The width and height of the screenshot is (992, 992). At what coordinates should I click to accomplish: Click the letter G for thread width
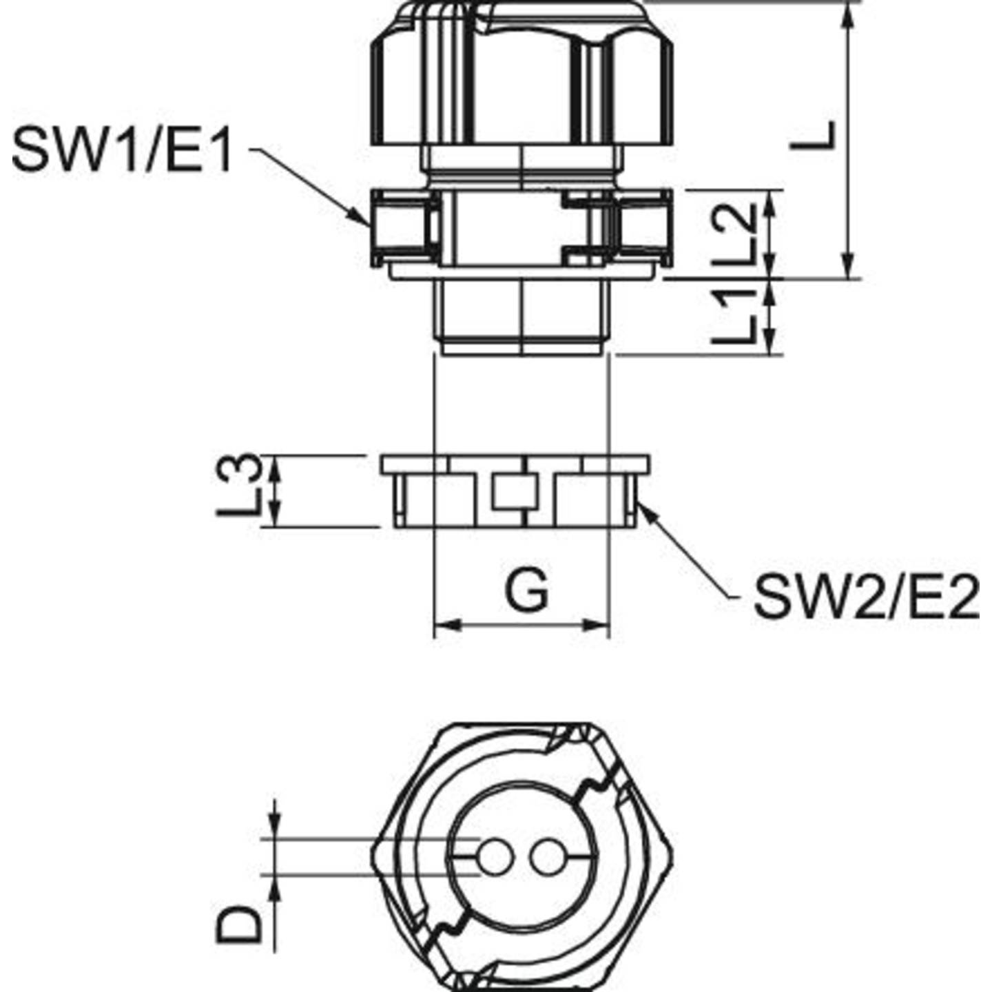[527, 591]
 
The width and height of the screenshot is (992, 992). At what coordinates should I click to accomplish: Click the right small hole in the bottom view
[546, 857]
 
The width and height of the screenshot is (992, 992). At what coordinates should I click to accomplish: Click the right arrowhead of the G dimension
[597, 626]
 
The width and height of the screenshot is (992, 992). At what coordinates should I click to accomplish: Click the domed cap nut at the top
[521, 76]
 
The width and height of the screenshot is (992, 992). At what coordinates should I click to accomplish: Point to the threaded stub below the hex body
[521, 317]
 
